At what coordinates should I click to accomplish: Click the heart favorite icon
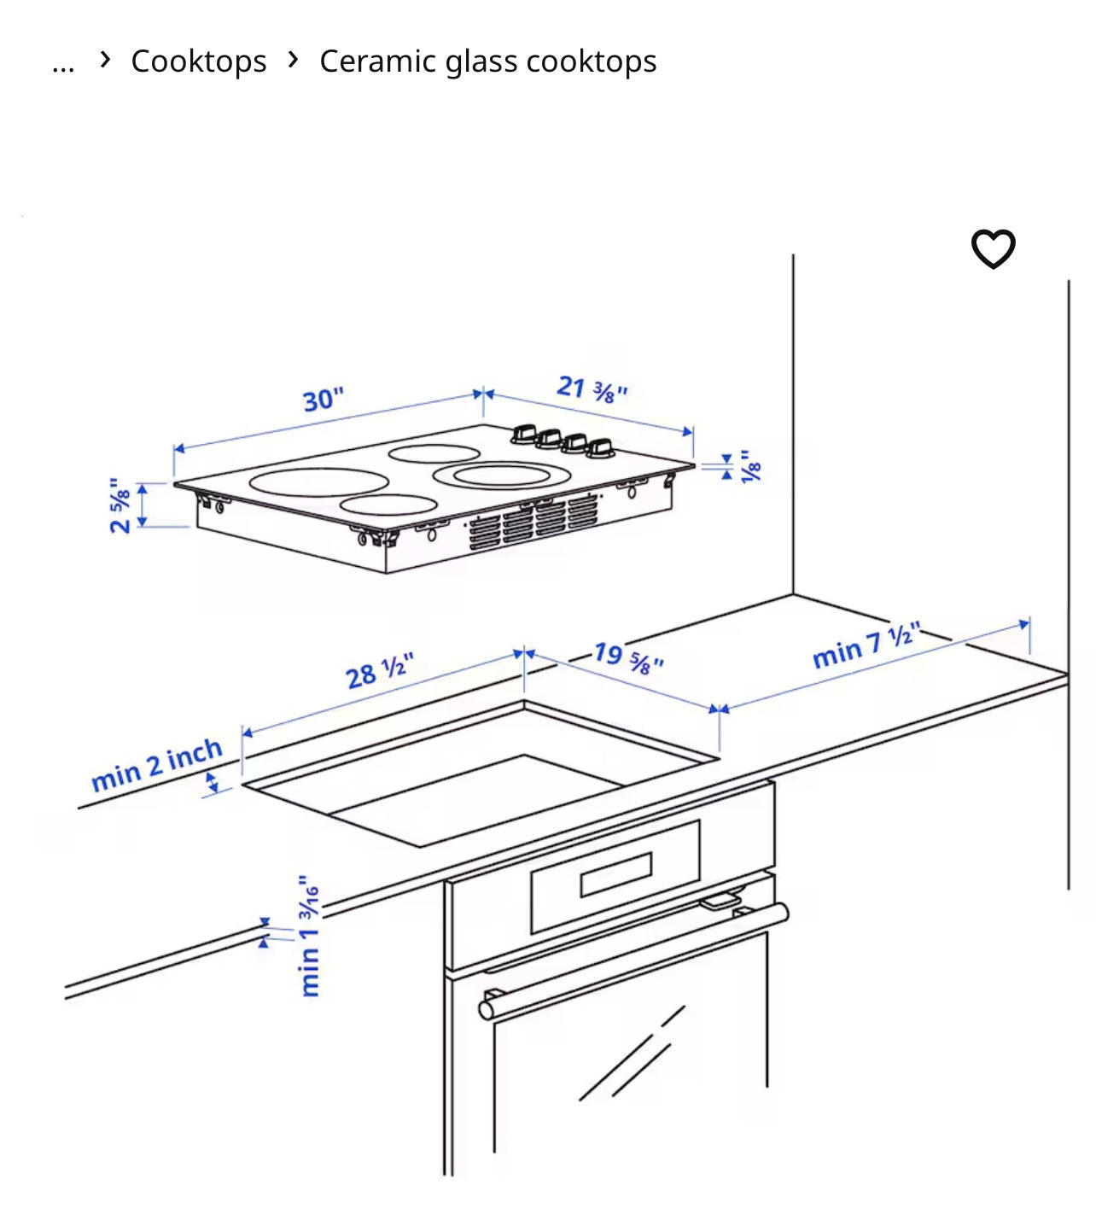click(x=993, y=248)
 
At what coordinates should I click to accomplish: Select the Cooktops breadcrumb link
click(x=199, y=61)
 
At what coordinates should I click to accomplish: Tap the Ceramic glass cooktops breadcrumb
click(x=487, y=61)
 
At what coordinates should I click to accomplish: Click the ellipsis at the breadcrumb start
click(x=63, y=67)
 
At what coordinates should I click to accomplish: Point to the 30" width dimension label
click(x=324, y=400)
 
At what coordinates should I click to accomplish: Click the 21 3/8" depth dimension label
click(x=592, y=388)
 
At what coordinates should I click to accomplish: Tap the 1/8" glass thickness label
click(x=750, y=466)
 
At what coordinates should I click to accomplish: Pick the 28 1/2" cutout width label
click(x=380, y=670)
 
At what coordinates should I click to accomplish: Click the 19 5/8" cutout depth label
click(x=629, y=658)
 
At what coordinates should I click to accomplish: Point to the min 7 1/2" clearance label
click(x=866, y=645)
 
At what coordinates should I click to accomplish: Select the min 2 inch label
click(x=157, y=764)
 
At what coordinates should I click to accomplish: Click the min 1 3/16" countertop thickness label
click(x=309, y=935)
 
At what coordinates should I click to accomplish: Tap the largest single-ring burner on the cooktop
click(x=319, y=482)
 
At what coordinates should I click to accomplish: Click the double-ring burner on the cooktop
click(x=502, y=475)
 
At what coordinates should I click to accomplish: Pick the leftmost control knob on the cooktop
click(x=524, y=434)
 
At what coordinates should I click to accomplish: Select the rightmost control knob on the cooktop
click(x=600, y=448)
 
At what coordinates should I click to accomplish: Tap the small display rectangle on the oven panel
click(x=616, y=874)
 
